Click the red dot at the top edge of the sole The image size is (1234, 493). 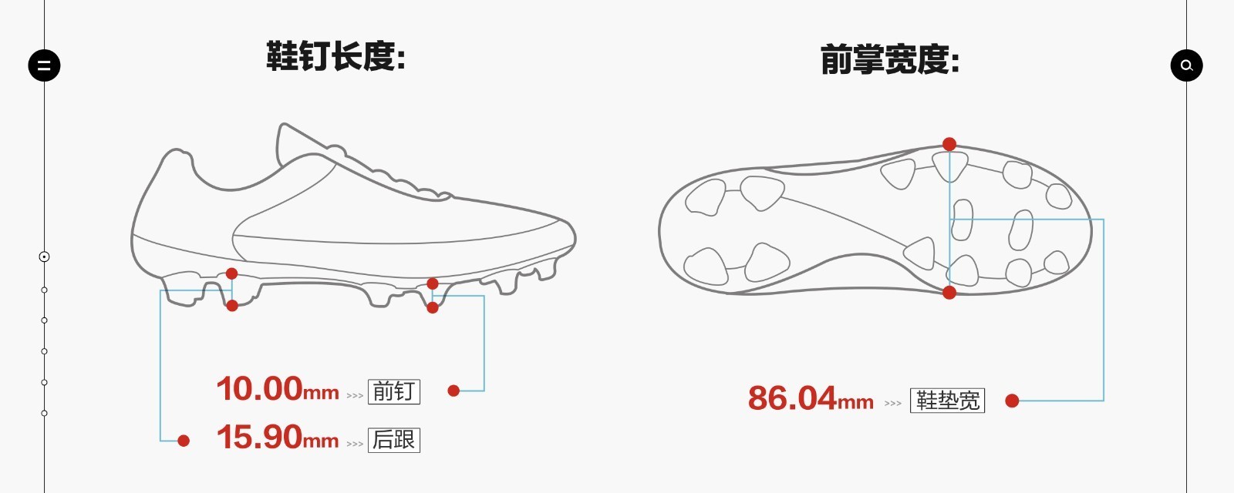tap(949, 144)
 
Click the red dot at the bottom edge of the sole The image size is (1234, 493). tap(949, 292)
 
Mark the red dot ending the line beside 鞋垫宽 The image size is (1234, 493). tap(1012, 401)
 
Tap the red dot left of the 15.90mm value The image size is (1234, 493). tap(184, 440)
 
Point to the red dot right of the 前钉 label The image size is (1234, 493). tap(453, 391)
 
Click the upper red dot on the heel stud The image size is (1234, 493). tap(232, 273)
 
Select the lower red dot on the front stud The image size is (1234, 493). tap(433, 307)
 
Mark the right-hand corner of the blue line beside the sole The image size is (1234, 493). tap(1104, 220)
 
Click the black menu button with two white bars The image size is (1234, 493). tap(44, 65)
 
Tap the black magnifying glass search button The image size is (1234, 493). tap(1187, 65)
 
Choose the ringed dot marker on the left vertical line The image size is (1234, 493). tap(44, 257)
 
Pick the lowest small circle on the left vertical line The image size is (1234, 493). tap(44, 413)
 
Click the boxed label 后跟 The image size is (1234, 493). tap(394, 440)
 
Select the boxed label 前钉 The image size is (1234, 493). tap(394, 392)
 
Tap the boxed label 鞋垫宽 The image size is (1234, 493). tap(948, 401)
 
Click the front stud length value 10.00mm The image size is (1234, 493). tap(278, 389)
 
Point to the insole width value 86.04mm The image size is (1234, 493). tap(811, 398)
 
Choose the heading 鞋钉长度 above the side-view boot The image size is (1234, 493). tap(336, 56)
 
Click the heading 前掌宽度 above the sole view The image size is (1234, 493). tap(890, 59)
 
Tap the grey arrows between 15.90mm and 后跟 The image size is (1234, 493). tap(355, 444)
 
